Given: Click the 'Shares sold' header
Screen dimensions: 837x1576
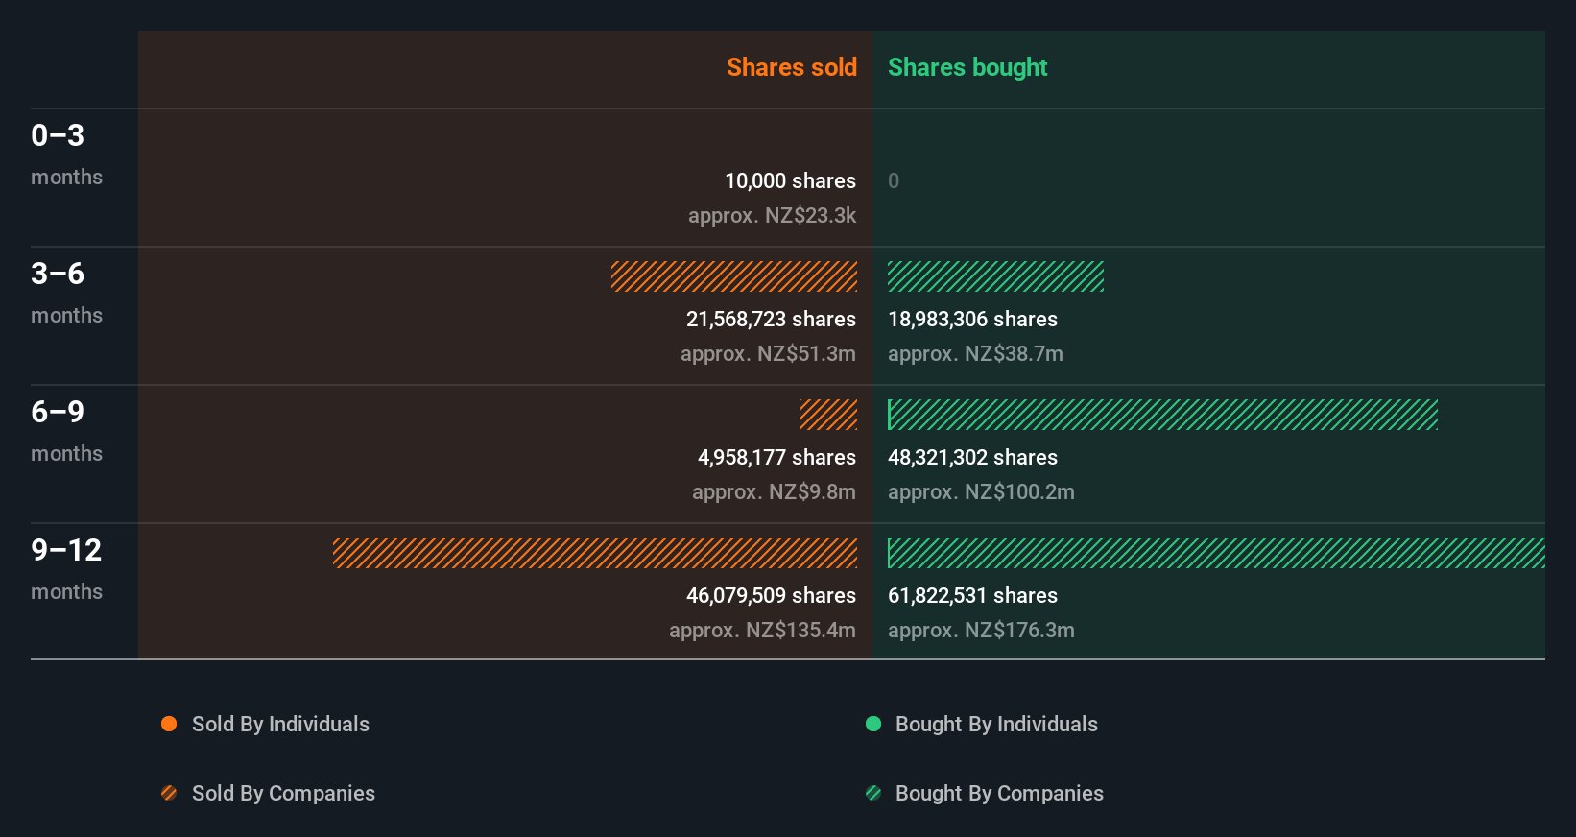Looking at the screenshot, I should click(x=791, y=67).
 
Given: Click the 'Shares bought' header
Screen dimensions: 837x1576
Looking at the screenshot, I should click(x=967, y=67).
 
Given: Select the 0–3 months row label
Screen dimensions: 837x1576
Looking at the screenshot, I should click(x=65, y=154).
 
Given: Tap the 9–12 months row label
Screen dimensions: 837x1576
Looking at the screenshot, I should click(x=65, y=568).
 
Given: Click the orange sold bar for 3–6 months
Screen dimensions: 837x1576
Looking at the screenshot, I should click(x=734, y=276).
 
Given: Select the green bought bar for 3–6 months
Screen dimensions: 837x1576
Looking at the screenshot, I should click(x=995, y=276).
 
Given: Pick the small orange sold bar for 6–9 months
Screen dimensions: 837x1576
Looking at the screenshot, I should click(x=828, y=415).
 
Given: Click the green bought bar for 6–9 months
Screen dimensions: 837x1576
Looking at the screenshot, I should click(x=1162, y=415).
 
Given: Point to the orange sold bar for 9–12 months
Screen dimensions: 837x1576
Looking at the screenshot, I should click(x=595, y=553).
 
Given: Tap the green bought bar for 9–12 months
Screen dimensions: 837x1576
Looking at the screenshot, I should click(x=1216, y=553).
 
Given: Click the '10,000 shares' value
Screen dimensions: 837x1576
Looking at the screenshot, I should click(x=790, y=180).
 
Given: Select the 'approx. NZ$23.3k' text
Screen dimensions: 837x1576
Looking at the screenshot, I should click(x=772, y=215).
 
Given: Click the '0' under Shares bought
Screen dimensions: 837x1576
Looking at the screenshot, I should click(x=894, y=180).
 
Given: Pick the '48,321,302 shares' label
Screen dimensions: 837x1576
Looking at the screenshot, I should click(x=972, y=457).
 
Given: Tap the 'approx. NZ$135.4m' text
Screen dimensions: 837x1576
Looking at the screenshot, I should click(x=762, y=630).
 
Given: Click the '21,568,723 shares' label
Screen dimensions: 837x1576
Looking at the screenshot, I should click(x=771, y=319).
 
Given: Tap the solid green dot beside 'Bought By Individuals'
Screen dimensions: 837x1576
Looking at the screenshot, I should click(x=873, y=724).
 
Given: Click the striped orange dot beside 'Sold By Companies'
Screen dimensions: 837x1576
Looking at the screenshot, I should click(x=169, y=793).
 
